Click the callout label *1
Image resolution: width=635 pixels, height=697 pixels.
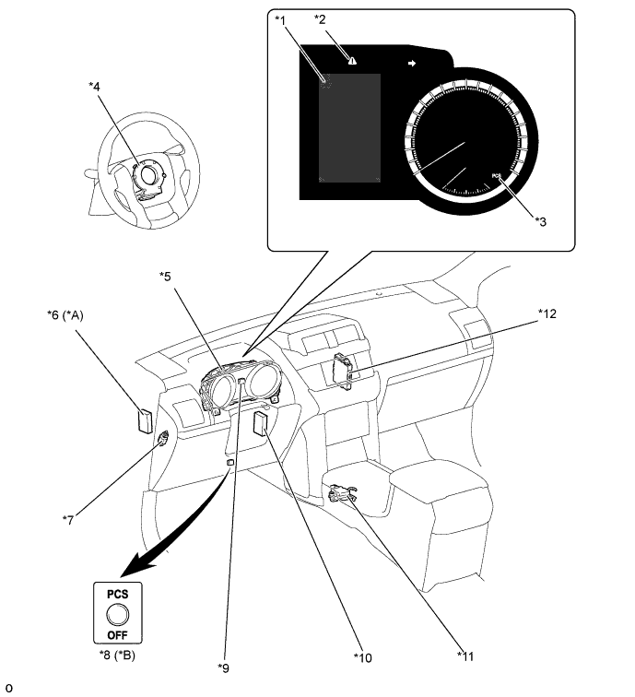280,20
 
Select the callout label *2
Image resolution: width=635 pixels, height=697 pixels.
320,19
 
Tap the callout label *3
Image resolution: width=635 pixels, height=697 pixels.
541,221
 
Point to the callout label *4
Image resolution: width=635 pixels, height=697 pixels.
94,87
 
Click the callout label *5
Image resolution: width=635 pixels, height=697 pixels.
165,277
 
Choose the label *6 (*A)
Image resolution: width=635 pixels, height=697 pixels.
65,315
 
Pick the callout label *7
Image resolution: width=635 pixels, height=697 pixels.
68,520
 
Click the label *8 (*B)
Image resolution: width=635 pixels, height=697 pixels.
117,655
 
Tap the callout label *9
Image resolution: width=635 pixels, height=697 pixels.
224,667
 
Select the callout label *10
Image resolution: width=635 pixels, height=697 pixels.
362,657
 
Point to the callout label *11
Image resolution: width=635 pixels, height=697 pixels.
465,656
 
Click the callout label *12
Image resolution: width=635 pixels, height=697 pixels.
547,313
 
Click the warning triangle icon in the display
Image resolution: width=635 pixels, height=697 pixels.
352,61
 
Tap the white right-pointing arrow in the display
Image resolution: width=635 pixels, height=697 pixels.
412,64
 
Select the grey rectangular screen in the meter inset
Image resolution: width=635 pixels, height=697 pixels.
349,128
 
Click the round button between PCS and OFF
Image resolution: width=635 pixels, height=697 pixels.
118,615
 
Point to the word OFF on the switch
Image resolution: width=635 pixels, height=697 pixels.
117,635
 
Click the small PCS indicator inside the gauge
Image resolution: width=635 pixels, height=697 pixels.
497,176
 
